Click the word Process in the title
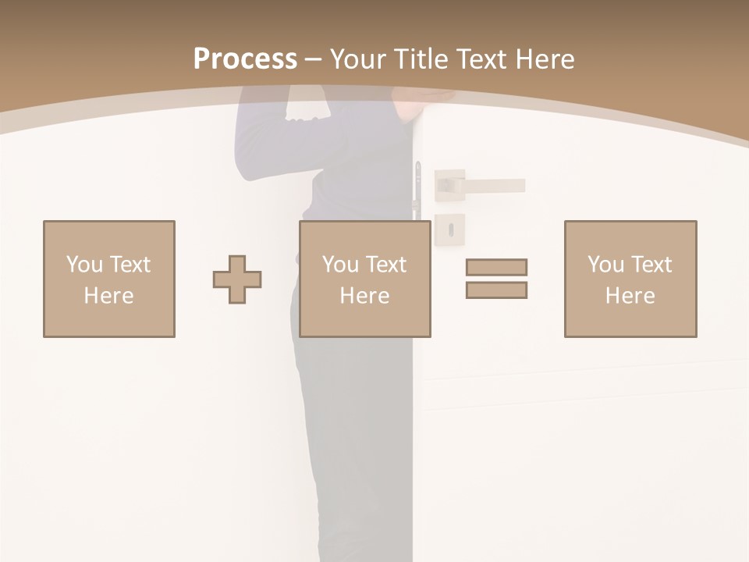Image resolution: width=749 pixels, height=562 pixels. click(245, 59)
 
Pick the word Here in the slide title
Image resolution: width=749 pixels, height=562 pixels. click(545, 59)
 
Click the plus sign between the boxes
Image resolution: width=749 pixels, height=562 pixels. click(237, 279)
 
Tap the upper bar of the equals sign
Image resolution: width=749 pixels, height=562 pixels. click(496, 267)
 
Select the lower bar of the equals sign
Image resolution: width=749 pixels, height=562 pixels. click(496, 290)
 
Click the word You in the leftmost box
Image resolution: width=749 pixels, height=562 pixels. click(84, 264)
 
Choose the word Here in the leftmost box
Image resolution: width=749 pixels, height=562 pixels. click(108, 296)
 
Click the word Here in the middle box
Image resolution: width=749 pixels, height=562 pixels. click(364, 296)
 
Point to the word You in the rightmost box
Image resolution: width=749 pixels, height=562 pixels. click(605, 264)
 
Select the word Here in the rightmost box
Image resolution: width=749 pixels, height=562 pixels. click(630, 296)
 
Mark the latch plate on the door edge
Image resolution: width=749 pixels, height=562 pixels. click(418, 187)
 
